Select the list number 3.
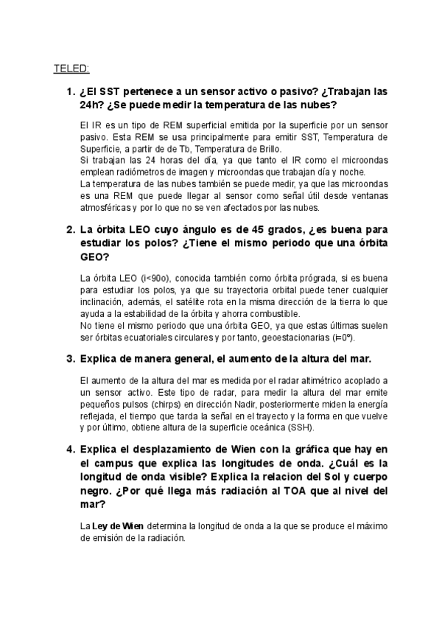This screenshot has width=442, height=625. (x=70, y=358)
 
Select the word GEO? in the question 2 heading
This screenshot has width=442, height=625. (x=94, y=258)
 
